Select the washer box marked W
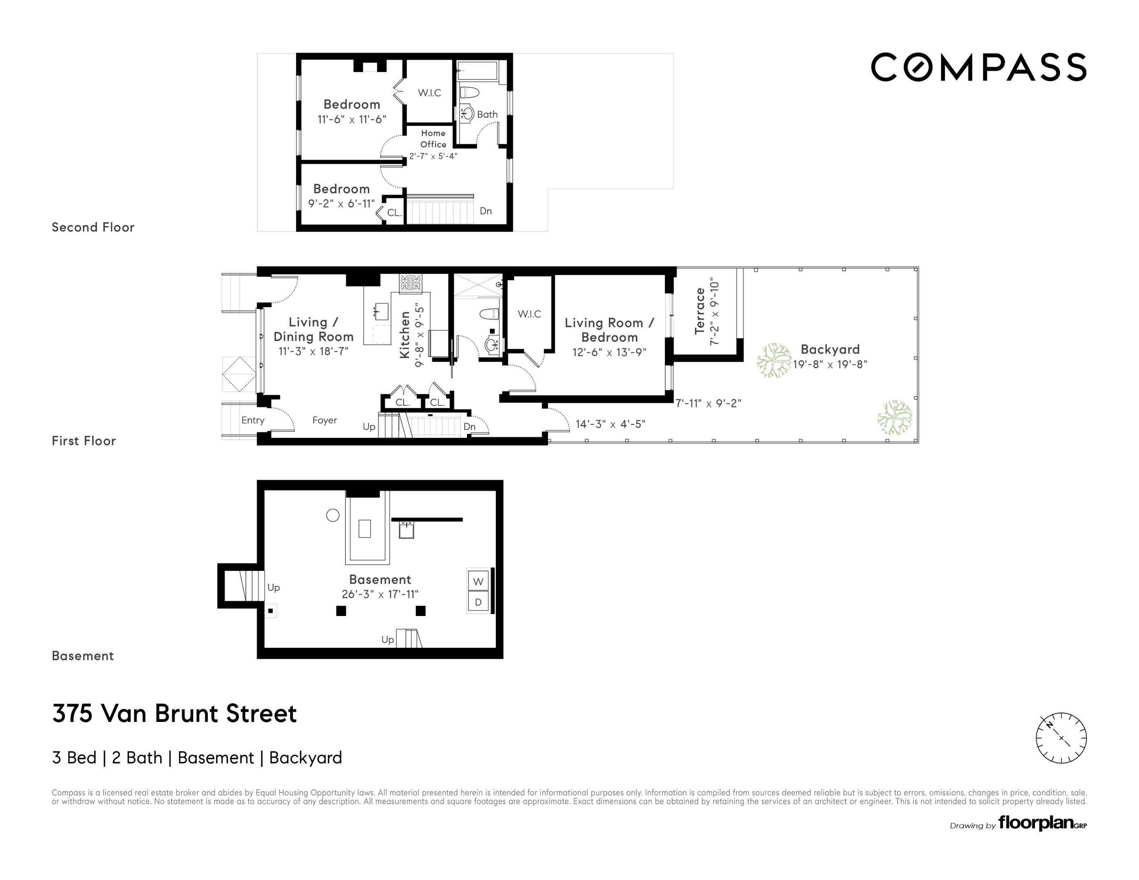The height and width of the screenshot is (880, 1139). coord(478,581)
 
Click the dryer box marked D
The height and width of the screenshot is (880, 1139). coord(478,603)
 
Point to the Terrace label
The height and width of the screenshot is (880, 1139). coord(700,311)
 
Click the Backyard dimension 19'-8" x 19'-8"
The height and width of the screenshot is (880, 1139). coord(830,364)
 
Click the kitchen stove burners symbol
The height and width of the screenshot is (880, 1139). coord(411,283)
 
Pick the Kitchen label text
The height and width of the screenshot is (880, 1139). coord(405,335)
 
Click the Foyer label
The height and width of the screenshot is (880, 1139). coord(324,420)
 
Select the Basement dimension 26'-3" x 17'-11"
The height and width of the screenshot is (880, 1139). coord(380,594)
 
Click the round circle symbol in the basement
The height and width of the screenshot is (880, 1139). coord(333,515)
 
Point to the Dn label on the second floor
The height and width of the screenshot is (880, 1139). coord(485,211)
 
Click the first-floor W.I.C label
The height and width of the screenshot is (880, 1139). coord(529,314)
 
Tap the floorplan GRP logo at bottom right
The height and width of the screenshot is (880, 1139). coord(1042,824)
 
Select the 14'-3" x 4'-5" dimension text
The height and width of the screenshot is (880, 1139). coord(610,424)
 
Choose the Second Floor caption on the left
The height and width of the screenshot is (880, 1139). coord(93,227)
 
